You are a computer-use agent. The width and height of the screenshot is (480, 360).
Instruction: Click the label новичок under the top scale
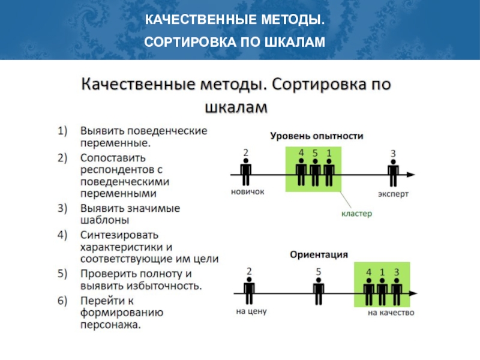click(x=247, y=193)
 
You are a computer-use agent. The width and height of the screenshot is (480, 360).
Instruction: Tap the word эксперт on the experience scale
click(x=394, y=193)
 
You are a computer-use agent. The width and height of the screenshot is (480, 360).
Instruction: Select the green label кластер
click(x=356, y=213)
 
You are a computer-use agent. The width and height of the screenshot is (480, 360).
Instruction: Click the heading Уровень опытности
click(x=316, y=136)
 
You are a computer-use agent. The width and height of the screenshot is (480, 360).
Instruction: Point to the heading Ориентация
click(x=319, y=254)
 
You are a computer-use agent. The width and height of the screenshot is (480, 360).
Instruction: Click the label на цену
click(x=250, y=311)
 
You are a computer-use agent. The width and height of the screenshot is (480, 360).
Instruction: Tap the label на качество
click(x=391, y=312)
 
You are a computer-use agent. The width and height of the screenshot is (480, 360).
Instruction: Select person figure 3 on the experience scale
click(x=393, y=173)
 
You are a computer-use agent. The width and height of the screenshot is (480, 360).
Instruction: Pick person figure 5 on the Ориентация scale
click(x=319, y=292)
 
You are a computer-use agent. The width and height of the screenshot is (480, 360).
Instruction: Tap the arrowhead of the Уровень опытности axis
click(x=410, y=175)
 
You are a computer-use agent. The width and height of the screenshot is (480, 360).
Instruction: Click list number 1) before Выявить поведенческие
click(x=64, y=130)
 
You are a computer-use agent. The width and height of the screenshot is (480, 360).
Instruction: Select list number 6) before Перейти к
click(x=64, y=300)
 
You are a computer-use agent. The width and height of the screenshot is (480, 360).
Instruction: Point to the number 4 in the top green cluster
click(x=301, y=152)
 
